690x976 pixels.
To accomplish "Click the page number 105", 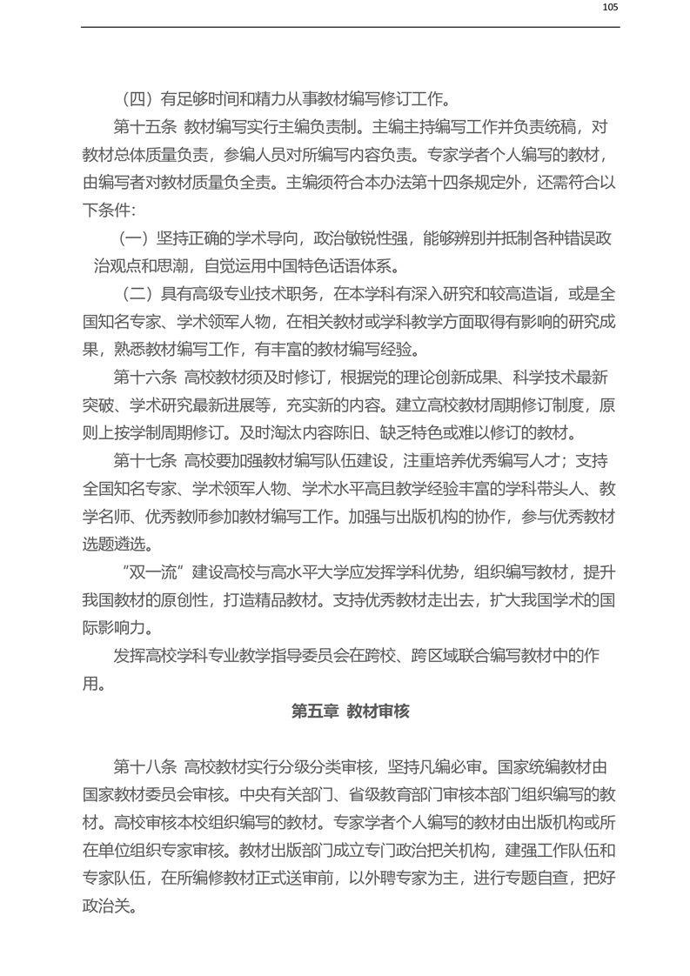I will (609, 8).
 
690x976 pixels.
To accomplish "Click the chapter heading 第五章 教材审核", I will (350, 710).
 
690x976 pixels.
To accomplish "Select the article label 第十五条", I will (144, 127).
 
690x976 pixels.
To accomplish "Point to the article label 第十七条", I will (144, 461).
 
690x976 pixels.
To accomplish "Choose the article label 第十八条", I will (144, 767).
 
